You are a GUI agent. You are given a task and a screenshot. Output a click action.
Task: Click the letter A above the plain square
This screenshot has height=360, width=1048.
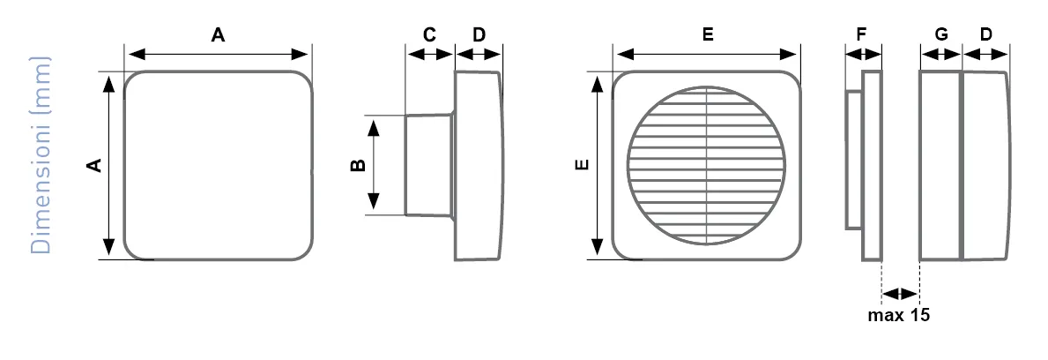click(218, 34)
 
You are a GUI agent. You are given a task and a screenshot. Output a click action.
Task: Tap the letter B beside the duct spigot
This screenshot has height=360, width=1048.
click(359, 165)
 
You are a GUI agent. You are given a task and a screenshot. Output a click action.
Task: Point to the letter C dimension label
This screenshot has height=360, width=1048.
click(430, 34)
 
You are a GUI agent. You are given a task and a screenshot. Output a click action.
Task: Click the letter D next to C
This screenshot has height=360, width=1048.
click(479, 34)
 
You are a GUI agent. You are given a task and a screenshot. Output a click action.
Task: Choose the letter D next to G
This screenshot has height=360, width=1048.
click(986, 34)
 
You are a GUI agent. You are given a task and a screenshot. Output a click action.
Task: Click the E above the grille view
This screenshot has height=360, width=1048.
click(708, 34)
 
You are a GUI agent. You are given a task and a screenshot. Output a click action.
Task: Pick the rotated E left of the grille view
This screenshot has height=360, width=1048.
click(583, 165)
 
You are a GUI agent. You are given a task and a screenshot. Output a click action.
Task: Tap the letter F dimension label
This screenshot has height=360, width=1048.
click(861, 34)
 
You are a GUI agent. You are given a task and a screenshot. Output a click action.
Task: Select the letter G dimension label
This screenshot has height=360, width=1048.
click(941, 34)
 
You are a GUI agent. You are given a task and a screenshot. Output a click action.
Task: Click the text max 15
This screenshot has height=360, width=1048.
click(899, 315)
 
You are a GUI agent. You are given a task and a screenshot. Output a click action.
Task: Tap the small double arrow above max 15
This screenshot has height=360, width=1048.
click(901, 293)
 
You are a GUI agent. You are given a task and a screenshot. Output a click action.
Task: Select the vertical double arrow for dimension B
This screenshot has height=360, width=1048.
click(374, 165)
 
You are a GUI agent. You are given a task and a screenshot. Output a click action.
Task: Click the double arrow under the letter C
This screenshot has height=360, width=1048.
click(430, 54)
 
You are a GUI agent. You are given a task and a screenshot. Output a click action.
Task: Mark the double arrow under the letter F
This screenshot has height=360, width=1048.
click(864, 54)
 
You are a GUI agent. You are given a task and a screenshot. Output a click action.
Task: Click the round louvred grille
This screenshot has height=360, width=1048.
click(707, 165)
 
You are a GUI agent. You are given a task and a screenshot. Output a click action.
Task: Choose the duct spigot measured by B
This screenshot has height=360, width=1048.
click(428, 165)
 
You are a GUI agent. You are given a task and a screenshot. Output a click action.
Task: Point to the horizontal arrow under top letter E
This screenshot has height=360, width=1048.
click(707, 54)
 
